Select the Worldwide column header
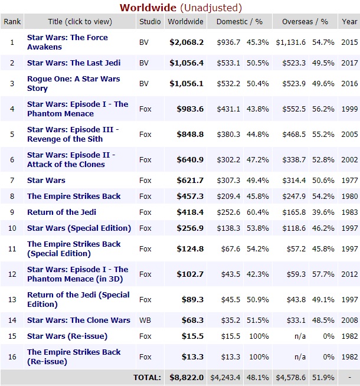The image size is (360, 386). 185,22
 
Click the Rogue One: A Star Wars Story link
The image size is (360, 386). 73,84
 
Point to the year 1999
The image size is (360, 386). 349,109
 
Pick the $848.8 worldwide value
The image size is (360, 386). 191,135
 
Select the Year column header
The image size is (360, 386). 349,22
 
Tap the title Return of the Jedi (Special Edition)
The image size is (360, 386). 78,299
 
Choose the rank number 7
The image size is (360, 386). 12,181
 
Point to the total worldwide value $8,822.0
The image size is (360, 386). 186,378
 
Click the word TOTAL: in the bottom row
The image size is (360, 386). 147,378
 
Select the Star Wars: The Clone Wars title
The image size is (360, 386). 78,320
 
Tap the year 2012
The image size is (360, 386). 349,274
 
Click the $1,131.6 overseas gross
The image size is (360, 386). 292,42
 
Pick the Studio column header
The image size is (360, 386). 149,22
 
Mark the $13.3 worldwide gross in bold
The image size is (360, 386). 193,357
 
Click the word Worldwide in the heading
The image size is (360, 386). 148,8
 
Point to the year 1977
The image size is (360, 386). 349,181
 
